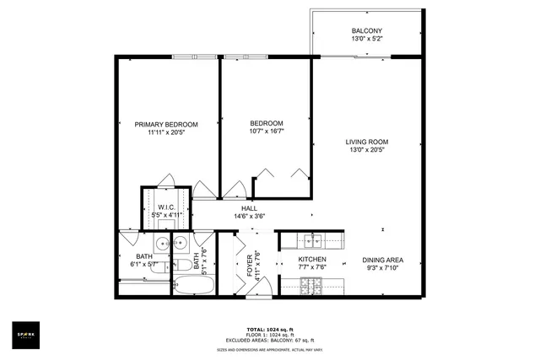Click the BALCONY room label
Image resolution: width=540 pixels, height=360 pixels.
click(x=366, y=31)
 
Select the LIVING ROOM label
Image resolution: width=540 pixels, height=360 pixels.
click(x=366, y=141)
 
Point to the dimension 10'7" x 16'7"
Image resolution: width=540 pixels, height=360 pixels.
click(x=266, y=132)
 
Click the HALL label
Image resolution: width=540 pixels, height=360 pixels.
click(x=249, y=208)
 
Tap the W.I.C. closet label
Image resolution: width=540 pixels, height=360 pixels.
click(x=166, y=207)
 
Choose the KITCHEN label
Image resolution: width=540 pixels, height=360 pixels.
click(x=312, y=260)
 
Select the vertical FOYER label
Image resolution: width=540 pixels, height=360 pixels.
click(x=250, y=265)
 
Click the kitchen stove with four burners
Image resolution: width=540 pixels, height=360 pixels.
click(x=312, y=287)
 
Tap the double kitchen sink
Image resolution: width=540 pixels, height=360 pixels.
click(x=314, y=240)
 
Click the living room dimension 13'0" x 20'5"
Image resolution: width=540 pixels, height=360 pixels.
click(x=366, y=150)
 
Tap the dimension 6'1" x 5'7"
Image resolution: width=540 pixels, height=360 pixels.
click(x=143, y=265)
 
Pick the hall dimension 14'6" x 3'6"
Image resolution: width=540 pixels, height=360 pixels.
click(x=249, y=217)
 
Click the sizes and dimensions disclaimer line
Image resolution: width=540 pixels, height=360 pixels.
click(x=269, y=348)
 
